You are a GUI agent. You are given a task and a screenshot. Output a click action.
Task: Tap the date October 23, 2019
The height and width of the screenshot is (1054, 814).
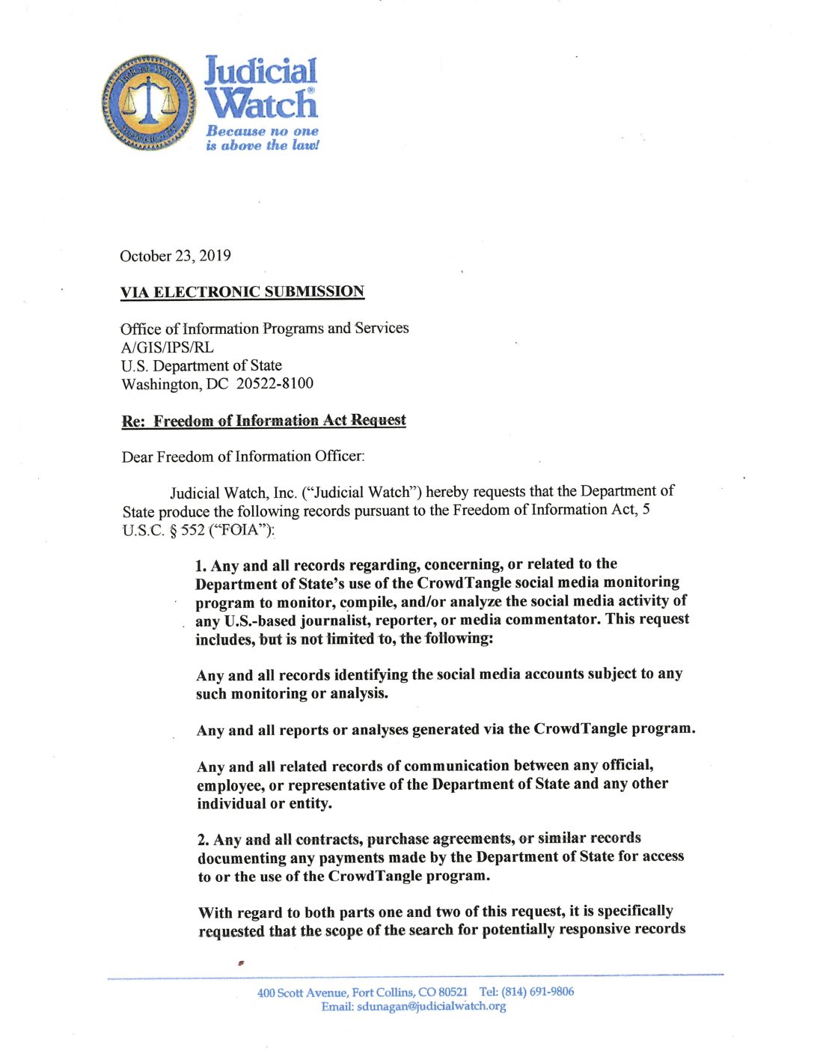[175, 256]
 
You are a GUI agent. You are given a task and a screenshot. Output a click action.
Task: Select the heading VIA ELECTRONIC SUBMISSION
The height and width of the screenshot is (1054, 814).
[242, 292]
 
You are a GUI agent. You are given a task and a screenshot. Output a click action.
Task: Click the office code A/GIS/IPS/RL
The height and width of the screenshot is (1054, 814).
[167, 347]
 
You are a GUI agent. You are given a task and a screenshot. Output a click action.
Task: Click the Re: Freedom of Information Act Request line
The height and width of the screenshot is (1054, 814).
[264, 421]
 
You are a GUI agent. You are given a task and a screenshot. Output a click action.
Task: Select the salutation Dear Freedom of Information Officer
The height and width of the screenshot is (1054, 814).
[243, 457]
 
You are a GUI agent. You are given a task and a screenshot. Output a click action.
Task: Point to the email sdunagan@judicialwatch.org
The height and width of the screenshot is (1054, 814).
[431, 1007]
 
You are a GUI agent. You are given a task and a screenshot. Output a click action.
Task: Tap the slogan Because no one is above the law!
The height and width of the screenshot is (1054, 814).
[262, 138]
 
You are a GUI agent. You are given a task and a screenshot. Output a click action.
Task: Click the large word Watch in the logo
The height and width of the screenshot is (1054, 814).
[261, 104]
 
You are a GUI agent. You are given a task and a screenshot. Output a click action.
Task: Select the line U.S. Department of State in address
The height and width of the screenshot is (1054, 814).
[201, 366]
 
